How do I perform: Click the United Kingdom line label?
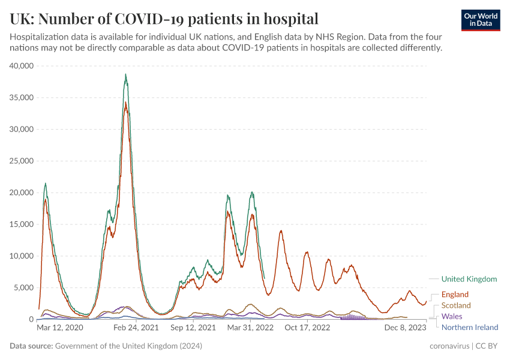469,279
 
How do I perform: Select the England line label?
455,295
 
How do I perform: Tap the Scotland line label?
456,305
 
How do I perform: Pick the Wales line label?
452,316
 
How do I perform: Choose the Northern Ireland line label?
470,327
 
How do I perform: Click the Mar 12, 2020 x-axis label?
60,328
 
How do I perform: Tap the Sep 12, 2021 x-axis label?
193,328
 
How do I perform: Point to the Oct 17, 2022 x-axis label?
307,328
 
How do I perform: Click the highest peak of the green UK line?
125,74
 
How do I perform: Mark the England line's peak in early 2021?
125,103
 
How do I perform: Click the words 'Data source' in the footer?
31,346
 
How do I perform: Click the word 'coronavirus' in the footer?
449,346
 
